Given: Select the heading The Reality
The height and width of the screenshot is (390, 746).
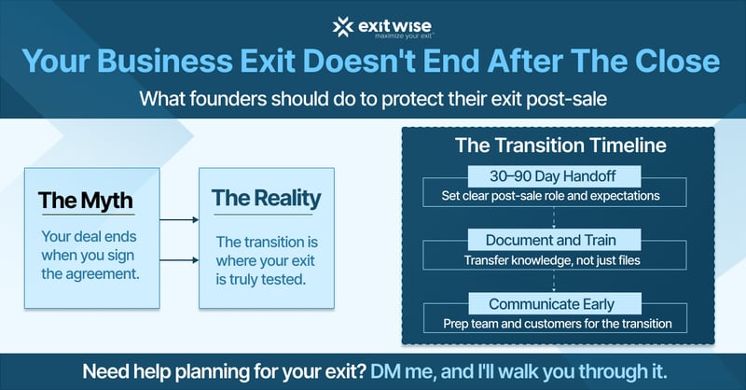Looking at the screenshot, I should click(x=266, y=198).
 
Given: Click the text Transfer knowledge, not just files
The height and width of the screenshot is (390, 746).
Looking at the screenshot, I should click(x=557, y=260).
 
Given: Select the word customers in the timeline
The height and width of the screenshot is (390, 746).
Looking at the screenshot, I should click(x=555, y=324).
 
